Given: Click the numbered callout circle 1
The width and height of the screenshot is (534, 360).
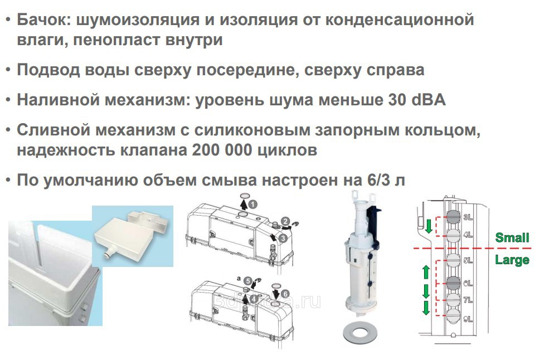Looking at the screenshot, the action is click(x=253, y=205).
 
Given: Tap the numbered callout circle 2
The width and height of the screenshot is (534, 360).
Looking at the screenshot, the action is click(x=285, y=221).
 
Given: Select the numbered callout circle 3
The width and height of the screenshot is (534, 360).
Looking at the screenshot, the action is click(x=283, y=238).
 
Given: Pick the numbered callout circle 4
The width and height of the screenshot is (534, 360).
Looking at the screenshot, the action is click(x=254, y=299).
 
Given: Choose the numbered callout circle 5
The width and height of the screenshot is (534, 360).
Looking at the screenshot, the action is click(x=247, y=281).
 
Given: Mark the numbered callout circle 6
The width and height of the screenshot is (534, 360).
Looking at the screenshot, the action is click(x=285, y=294).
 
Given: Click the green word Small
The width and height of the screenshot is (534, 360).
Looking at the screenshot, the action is click(x=512, y=237).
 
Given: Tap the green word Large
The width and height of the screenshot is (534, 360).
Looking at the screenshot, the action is click(x=512, y=260).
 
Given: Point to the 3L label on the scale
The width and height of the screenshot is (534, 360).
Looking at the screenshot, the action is click(x=468, y=217).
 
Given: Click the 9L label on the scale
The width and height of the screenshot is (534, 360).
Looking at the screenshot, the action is click(x=468, y=319).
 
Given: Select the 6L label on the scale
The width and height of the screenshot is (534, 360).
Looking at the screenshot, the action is click(x=468, y=283).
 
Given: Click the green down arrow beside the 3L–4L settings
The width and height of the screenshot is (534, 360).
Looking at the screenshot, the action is click(x=429, y=226).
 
